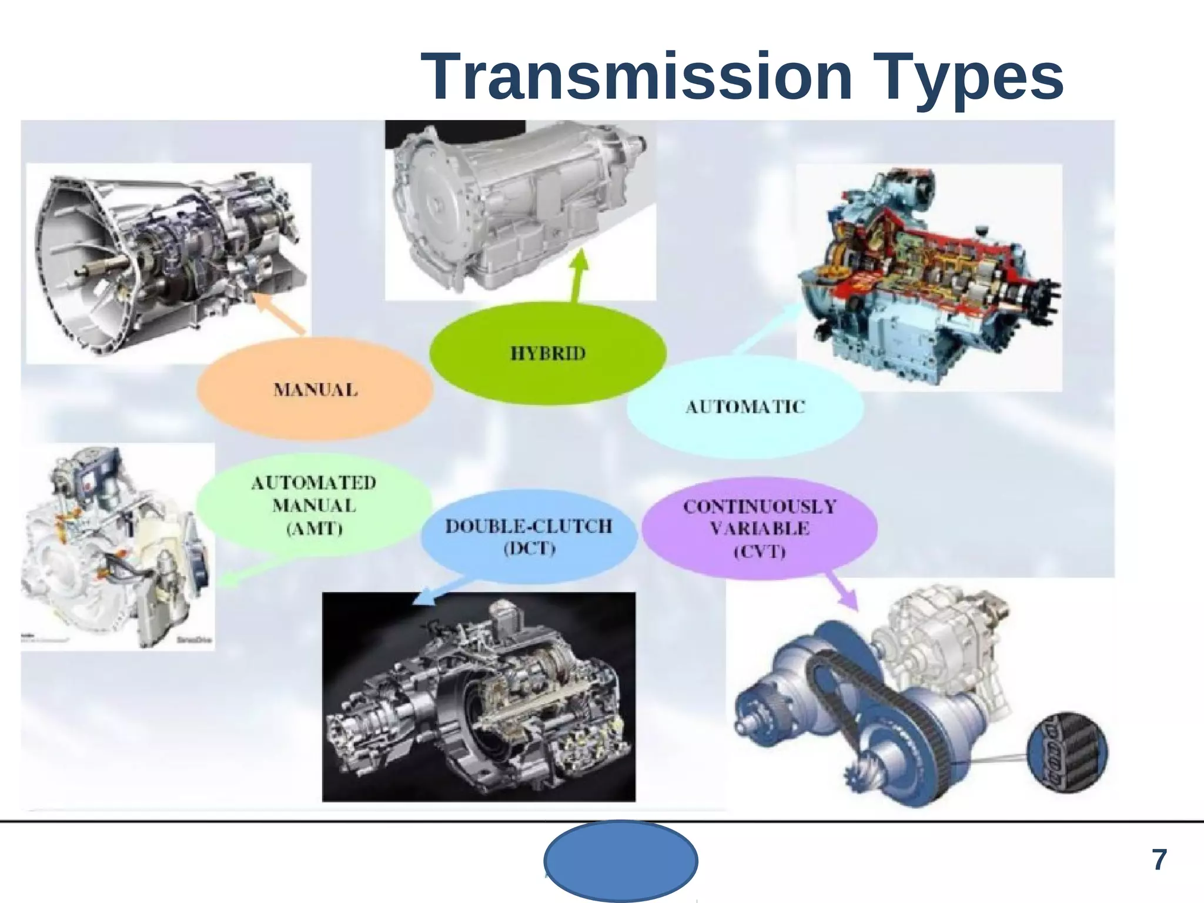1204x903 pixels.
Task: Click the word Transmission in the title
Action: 636,77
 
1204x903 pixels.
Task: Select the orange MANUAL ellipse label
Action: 315,390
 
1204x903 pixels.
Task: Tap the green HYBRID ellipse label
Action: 548,353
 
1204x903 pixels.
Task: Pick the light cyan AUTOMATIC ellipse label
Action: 745,407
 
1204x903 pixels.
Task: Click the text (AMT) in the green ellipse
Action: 314,529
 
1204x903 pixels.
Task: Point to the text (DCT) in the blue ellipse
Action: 529,549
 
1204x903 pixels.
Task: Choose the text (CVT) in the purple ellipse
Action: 759,551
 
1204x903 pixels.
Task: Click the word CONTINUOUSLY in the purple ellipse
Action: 759,507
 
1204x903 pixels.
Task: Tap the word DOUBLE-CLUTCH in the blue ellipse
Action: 529,526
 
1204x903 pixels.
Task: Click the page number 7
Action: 1159,860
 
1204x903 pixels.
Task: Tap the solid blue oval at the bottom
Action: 621,861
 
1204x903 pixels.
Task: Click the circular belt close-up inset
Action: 1066,753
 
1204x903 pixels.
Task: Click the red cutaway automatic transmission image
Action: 929,276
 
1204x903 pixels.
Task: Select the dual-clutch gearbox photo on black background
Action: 479,697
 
